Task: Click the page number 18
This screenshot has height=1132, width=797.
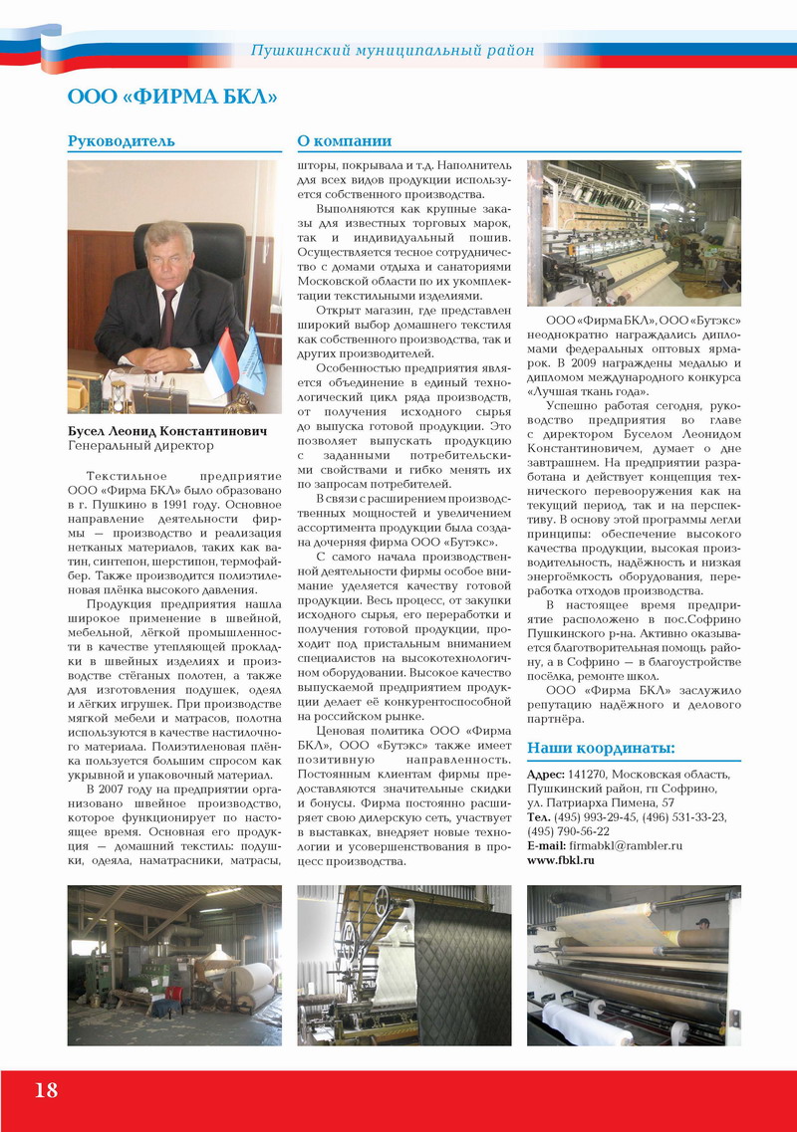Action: [x=46, y=1089]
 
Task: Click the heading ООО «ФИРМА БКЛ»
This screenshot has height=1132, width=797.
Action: [x=171, y=97]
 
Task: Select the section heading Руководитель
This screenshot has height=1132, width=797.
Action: [x=121, y=141]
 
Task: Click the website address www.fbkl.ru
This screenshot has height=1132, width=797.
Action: [x=560, y=859]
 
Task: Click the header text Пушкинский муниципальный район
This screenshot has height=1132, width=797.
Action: [x=393, y=50]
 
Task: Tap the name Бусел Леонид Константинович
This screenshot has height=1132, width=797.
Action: [x=166, y=433]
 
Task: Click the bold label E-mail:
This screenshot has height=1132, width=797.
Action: [x=547, y=845]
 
